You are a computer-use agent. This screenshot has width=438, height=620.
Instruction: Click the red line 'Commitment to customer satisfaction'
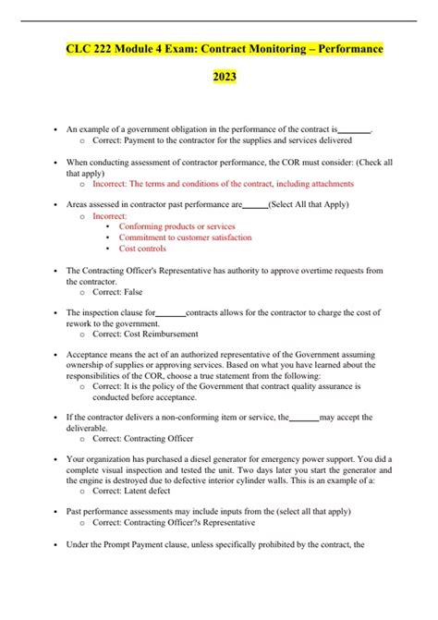click(x=186, y=237)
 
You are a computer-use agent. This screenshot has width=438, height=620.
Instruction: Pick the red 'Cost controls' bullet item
click(x=144, y=249)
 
